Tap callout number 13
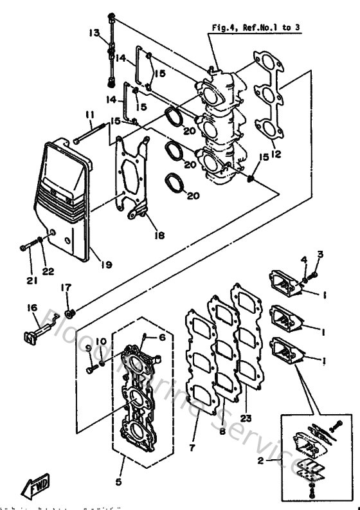94,33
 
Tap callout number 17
66,287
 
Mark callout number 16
32,308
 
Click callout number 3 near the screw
320,253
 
